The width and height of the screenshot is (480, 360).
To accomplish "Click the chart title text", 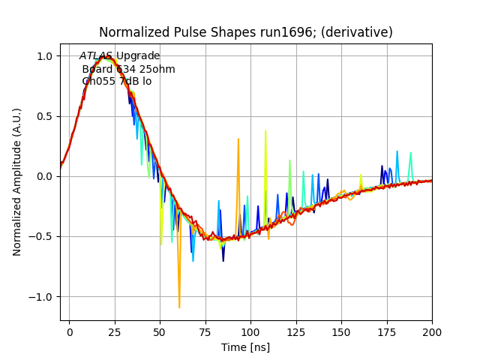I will [x=246, y=32].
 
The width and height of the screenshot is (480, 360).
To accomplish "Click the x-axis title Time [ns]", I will [x=245, y=347].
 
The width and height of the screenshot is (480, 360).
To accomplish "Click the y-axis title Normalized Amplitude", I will [x=17, y=181].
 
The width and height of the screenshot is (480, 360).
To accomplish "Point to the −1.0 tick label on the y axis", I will [x=40, y=297].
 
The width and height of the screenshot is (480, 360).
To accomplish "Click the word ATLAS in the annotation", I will [x=96, y=56].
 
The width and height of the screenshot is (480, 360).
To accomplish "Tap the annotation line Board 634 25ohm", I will [x=128, y=69].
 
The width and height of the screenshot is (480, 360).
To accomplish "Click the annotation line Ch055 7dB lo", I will [x=116, y=81].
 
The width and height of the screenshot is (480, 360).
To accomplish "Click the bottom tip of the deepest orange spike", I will [x=179, y=307].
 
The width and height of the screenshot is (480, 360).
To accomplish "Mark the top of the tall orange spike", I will [x=238, y=139].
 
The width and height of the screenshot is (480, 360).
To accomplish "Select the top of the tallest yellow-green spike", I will [x=265, y=130].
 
